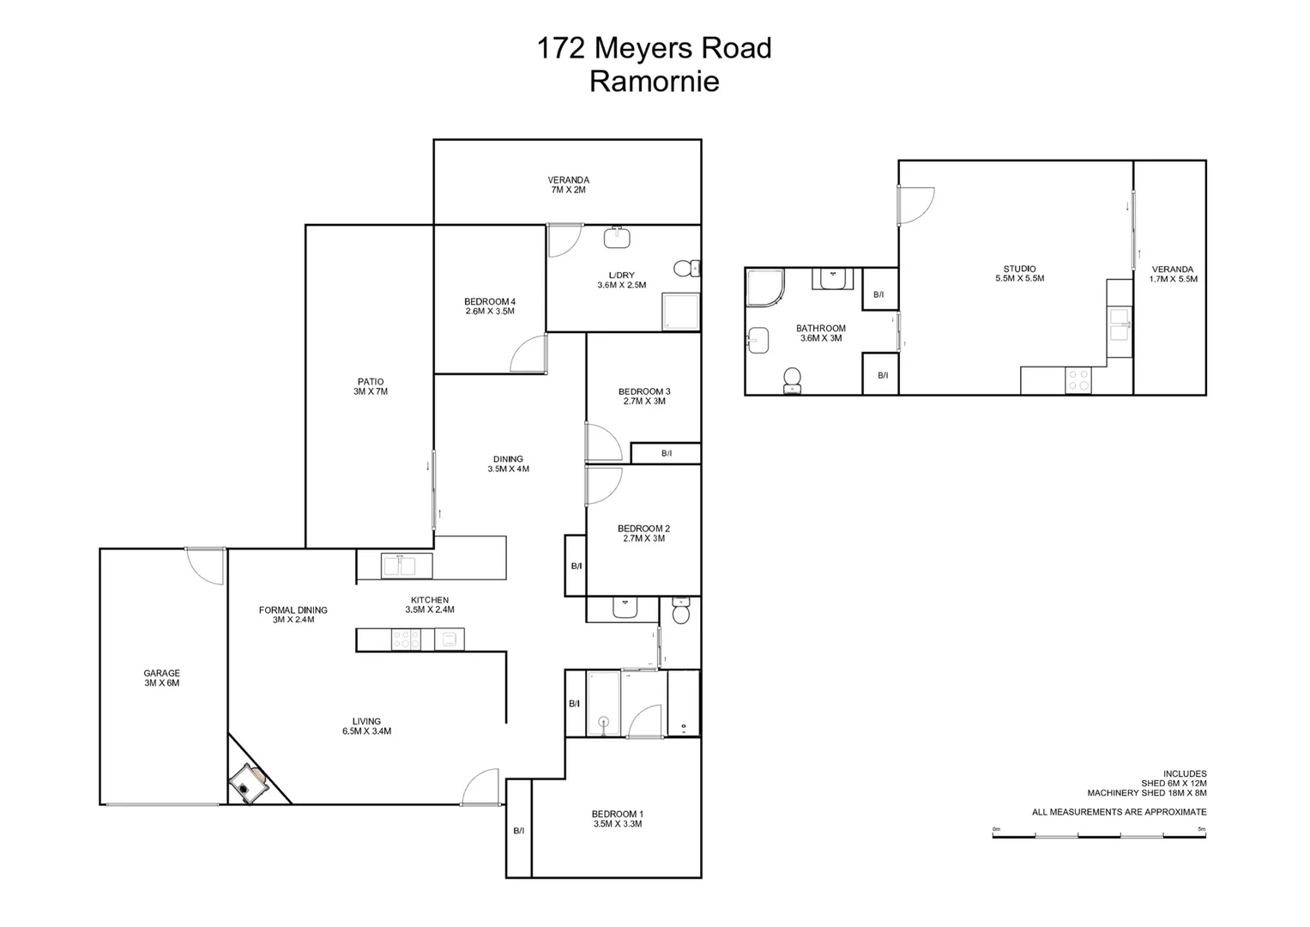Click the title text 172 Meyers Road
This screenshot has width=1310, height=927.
(654, 48)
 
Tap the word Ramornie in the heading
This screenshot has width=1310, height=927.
(654, 82)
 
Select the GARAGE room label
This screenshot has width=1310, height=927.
(161, 678)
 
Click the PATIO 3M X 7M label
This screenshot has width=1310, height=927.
(371, 386)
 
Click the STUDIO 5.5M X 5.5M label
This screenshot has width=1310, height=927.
(1019, 273)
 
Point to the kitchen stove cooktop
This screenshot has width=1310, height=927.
(406, 639)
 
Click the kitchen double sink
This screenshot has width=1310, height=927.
(399, 566)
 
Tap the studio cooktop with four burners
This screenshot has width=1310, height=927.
(1078, 380)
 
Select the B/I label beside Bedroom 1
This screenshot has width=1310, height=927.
(518, 830)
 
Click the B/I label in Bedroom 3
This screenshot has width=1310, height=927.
(667, 453)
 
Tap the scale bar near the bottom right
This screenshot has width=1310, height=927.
(1099, 835)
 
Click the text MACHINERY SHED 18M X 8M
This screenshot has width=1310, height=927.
(1146, 793)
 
